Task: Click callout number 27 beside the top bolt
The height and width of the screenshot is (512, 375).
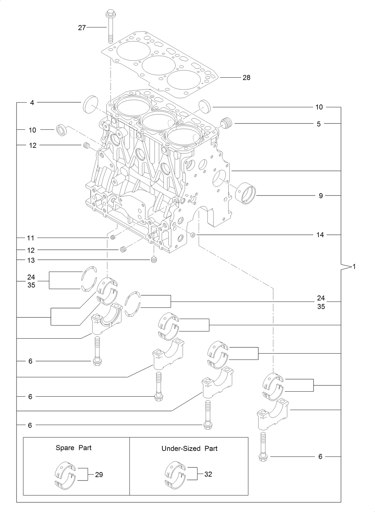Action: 82,28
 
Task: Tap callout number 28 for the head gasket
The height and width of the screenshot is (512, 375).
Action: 246,78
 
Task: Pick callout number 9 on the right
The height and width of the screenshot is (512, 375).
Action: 321,196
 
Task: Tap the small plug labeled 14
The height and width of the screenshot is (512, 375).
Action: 193,234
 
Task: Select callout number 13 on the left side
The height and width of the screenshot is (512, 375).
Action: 31,260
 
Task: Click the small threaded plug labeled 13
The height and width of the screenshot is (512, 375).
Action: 153,260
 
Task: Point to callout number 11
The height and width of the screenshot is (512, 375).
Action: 31,238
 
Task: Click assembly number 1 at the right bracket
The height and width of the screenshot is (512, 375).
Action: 354,267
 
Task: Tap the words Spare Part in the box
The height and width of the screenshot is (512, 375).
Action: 74,448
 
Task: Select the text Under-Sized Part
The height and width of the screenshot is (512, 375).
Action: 189,448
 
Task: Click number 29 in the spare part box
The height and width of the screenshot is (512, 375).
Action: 99,475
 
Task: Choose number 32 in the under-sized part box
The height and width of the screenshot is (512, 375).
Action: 208,474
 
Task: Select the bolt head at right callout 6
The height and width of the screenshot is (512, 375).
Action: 263,457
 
